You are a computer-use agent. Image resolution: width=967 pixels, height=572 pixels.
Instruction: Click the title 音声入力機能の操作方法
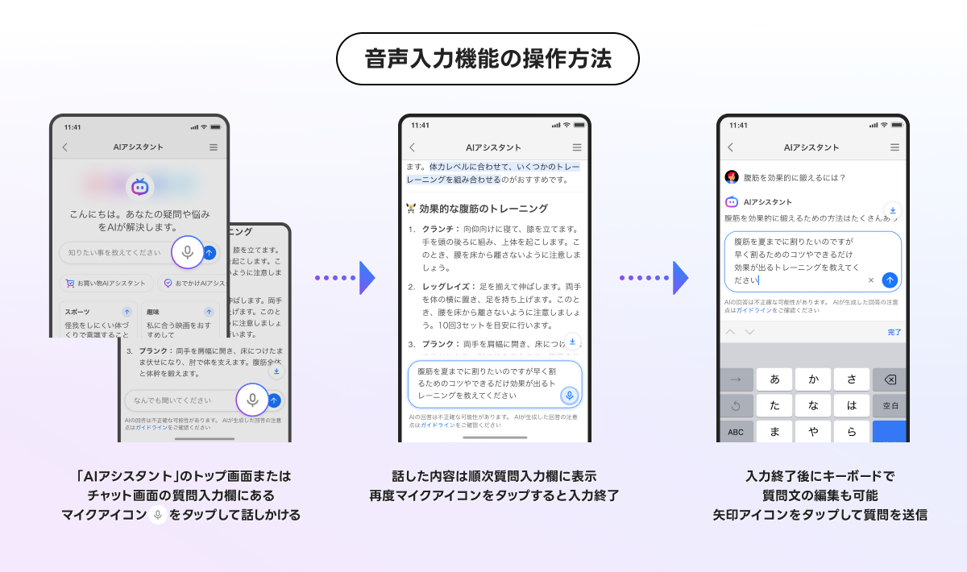(x=488, y=59)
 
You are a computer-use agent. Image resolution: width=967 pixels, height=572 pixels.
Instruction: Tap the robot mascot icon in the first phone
(x=140, y=187)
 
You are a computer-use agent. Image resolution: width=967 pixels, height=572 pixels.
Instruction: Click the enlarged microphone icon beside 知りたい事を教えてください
(x=188, y=252)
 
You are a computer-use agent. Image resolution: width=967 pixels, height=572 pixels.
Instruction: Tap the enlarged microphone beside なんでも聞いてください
(x=252, y=400)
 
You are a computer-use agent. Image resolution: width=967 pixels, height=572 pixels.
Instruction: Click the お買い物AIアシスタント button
(x=106, y=284)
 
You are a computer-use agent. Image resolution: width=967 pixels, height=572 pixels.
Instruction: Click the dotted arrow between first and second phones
(x=345, y=278)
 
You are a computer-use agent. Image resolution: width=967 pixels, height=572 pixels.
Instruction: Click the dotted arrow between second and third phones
(x=654, y=278)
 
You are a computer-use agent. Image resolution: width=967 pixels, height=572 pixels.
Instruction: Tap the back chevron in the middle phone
(x=413, y=147)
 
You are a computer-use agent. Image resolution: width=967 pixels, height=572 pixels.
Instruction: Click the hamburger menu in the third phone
(x=894, y=147)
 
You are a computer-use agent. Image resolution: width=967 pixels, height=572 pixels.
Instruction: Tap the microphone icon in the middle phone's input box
(x=570, y=396)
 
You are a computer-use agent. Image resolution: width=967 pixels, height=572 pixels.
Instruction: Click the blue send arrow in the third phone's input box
(x=890, y=280)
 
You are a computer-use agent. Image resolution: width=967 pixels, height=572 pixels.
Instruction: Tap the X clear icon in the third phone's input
(x=871, y=280)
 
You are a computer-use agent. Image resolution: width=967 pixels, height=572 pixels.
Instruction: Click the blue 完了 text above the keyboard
(x=894, y=332)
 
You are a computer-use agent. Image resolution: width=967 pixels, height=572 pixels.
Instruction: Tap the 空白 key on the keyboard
(x=890, y=405)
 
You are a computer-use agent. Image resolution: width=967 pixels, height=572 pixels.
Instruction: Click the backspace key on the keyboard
(x=890, y=379)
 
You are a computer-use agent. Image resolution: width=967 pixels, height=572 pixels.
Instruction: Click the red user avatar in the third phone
(x=732, y=177)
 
